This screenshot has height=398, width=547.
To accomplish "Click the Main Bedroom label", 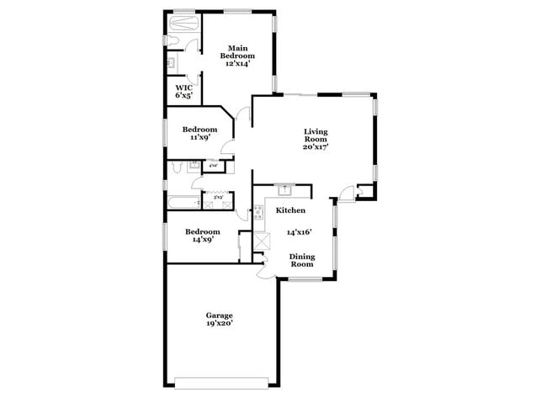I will coord(236,51).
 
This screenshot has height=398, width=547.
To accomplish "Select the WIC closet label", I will coord(183,88).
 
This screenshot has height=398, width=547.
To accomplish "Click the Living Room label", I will coord(316,135).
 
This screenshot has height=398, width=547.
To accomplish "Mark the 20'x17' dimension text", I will coord(316,147).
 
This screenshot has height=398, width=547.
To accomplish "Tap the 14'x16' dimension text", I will coord(300,232).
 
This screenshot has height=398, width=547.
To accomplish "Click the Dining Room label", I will coord(302,260).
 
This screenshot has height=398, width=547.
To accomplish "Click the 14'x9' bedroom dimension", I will coord(203,239).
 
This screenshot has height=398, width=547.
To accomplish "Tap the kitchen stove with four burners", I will coord(258,212).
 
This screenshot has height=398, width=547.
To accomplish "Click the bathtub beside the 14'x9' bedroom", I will coord(181,203).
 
